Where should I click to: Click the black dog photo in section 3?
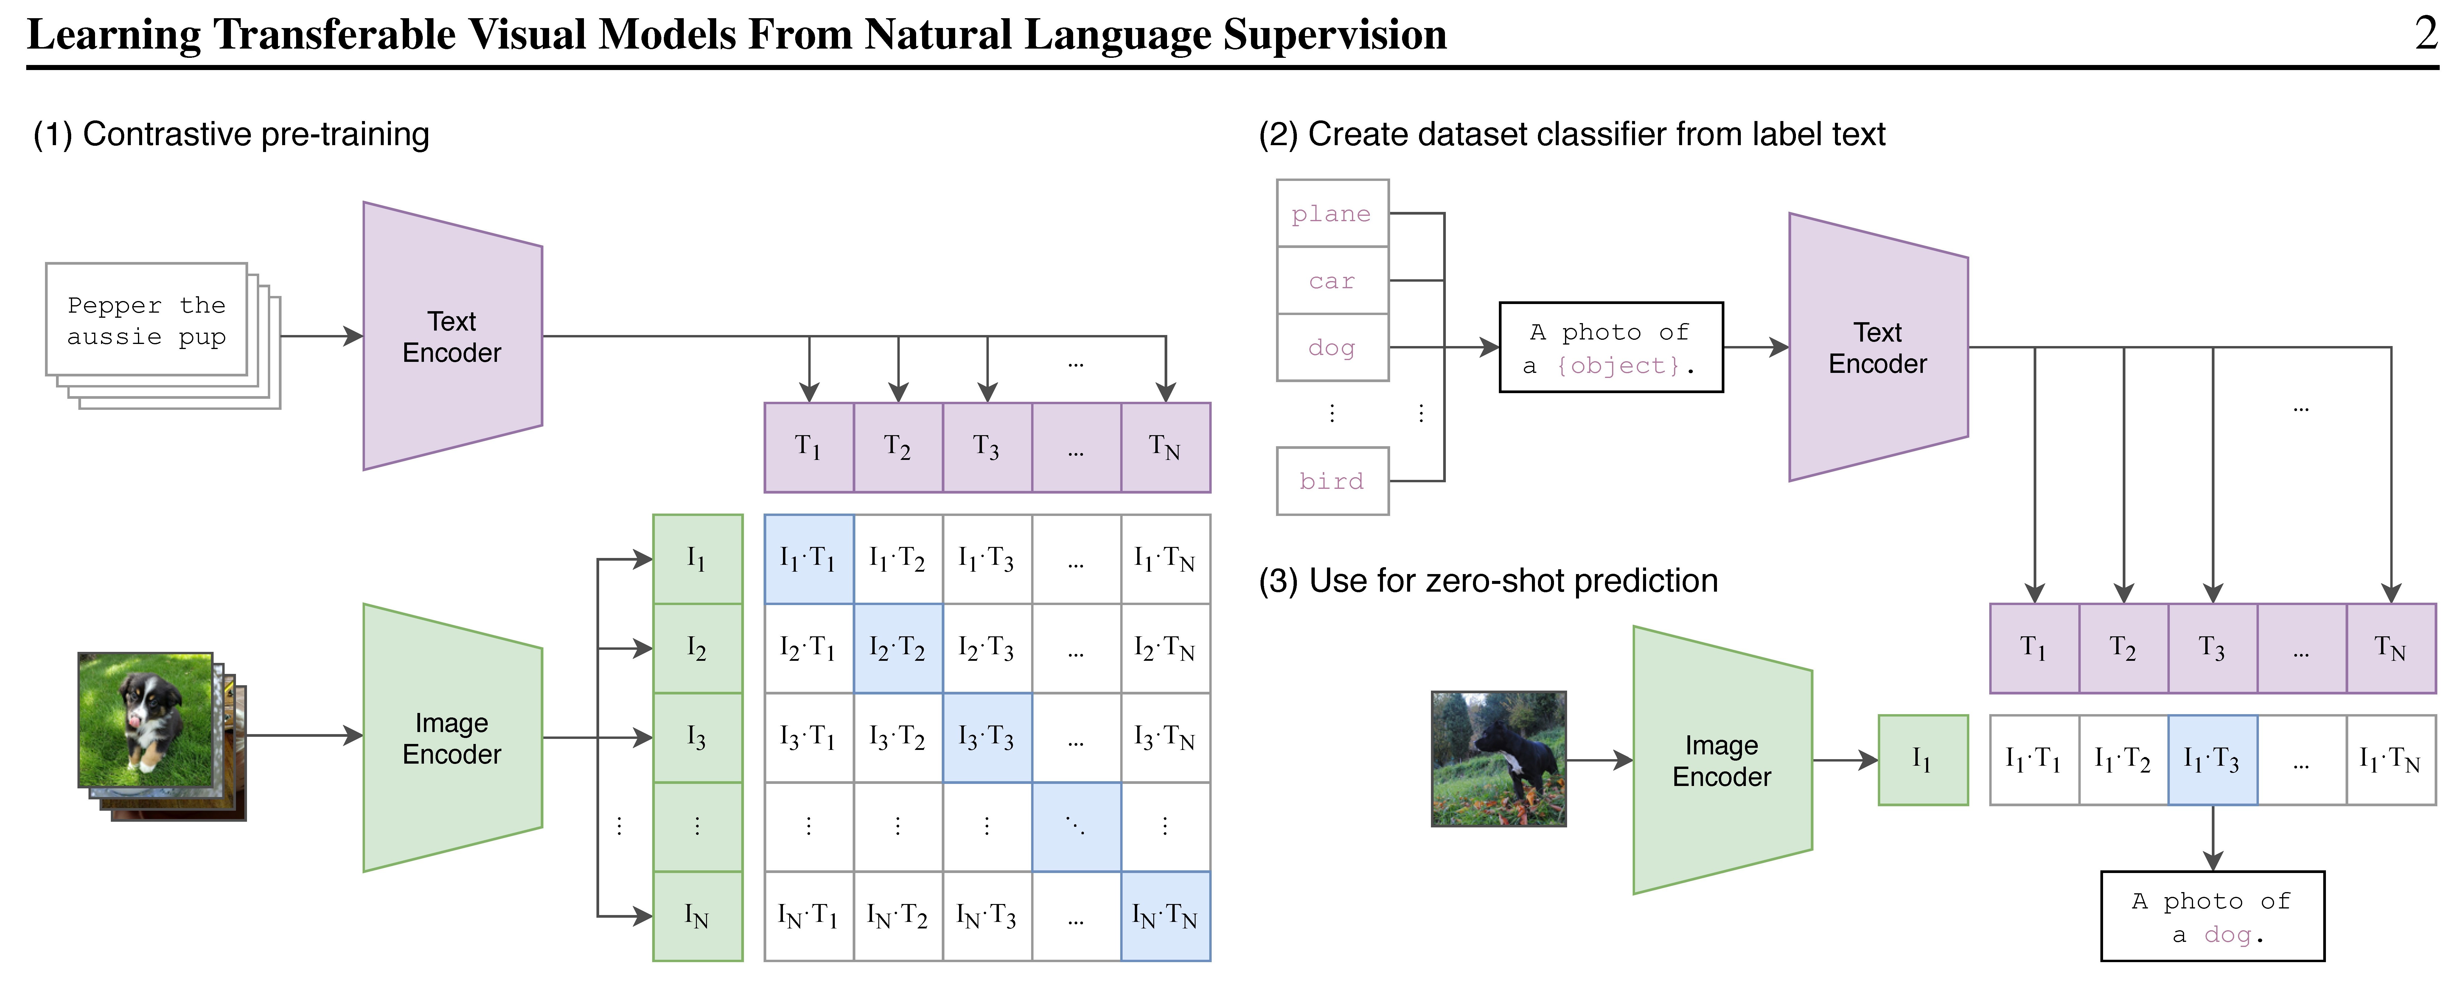point(1499,759)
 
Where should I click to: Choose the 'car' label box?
point(1331,280)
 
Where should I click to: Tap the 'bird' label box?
point(1331,481)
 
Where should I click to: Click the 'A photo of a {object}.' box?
point(1611,347)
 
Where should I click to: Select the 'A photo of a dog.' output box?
point(2212,916)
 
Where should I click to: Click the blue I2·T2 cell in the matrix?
point(898,648)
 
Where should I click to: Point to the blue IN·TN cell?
point(1165,916)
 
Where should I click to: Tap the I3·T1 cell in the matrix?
point(808,737)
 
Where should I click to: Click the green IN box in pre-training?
point(697,916)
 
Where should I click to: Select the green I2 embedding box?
point(697,648)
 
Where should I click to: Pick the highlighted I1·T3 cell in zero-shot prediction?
point(2212,759)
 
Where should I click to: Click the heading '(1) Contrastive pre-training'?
point(231,134)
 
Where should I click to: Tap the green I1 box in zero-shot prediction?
point(1922,759)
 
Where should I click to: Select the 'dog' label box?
point(1331,347)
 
